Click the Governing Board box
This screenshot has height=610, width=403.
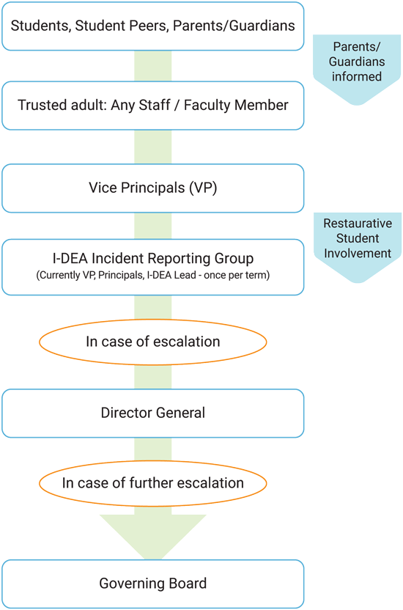click(152, 584)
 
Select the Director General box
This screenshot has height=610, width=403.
click(152, 414)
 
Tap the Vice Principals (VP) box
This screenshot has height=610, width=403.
click(152, 188)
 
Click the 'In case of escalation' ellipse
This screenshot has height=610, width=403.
click(152, 342)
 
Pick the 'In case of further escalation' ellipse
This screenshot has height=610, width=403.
click(152, 483)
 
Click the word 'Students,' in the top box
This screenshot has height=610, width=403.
click(41, 26)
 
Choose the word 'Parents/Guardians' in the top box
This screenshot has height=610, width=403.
click(234, 26)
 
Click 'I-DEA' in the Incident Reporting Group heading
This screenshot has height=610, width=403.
click(70, 258)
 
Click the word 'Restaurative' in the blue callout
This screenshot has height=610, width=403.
click(358, 224)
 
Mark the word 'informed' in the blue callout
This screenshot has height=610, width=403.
click(357, 77)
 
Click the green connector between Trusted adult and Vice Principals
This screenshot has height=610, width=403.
click(152, 147)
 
